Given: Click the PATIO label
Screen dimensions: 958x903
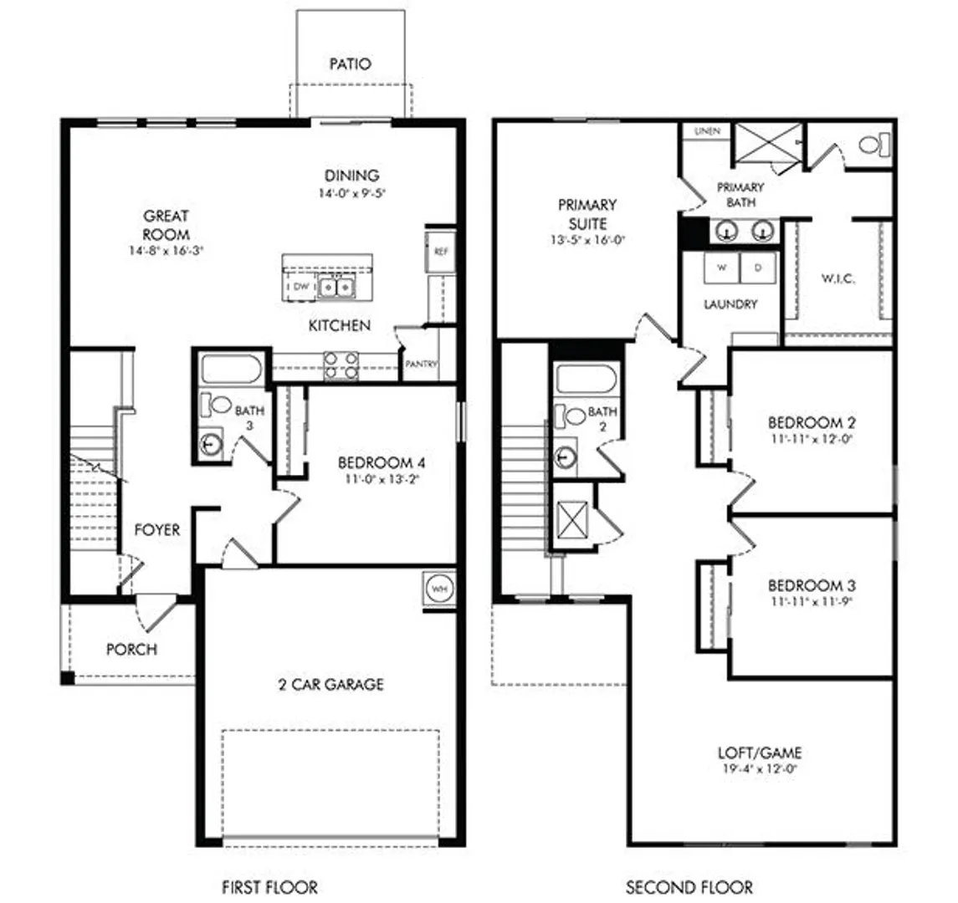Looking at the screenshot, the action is tap(350, 64).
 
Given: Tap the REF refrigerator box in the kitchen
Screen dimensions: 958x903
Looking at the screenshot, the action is tap(440, 251).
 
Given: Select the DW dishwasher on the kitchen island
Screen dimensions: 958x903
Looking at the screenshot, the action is tap(300, 286).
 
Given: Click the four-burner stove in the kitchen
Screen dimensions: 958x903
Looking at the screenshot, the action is tap(341, 365).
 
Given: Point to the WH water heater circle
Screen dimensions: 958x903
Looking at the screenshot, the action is tap(438, 589).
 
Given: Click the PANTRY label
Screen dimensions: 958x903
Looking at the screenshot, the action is tap(422, 364).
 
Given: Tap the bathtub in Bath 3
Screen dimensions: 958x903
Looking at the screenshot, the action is tap(232, 370).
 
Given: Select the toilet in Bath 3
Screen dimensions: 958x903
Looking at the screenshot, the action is tap(214, 404).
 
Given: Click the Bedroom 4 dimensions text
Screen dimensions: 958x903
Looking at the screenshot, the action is tap(382, 479).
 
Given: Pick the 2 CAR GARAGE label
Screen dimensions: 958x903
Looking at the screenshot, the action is tap(331, 685).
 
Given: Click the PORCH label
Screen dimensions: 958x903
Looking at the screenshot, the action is tap(131, 649).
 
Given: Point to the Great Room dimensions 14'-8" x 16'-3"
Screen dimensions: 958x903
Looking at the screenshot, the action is tap(166, 250).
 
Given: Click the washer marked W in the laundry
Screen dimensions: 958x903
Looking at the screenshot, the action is tap(721, 268).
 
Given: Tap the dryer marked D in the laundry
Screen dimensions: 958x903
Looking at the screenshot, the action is tap(758, 268).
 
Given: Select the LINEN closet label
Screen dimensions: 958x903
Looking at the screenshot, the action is tap(707, 131).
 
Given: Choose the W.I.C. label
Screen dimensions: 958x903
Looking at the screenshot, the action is tap(838, 279).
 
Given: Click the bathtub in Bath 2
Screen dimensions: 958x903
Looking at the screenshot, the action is tap(587, 379).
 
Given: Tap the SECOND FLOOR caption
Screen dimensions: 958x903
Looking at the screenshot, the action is tap(689, 886).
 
